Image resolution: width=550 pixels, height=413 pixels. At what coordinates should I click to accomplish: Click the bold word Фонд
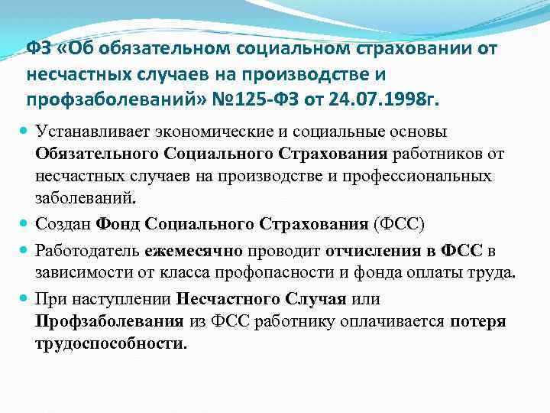point(118,224)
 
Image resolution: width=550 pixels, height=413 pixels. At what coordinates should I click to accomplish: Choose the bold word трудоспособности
point(109,343)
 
